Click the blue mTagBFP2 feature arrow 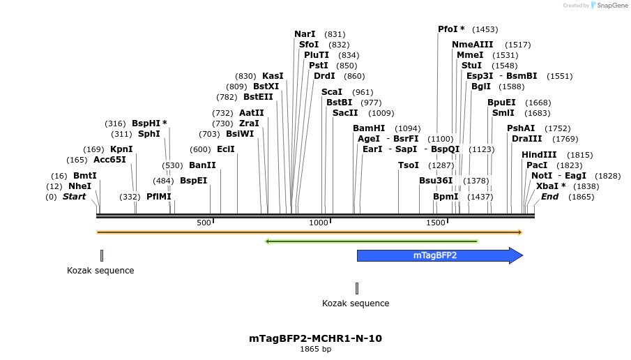439,255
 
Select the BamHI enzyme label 369,128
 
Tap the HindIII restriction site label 539,155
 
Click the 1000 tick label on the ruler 319,223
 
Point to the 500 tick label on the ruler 204,223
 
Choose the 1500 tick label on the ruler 436,223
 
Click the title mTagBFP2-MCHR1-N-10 315,338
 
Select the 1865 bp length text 315,349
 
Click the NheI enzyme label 79,186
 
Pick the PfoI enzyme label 451,29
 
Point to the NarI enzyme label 305,34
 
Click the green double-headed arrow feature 372,241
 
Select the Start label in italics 74,197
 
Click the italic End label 549,197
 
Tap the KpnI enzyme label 121,149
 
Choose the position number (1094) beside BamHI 407,128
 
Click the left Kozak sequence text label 100,270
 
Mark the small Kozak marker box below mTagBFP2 357,288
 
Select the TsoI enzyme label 409,165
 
